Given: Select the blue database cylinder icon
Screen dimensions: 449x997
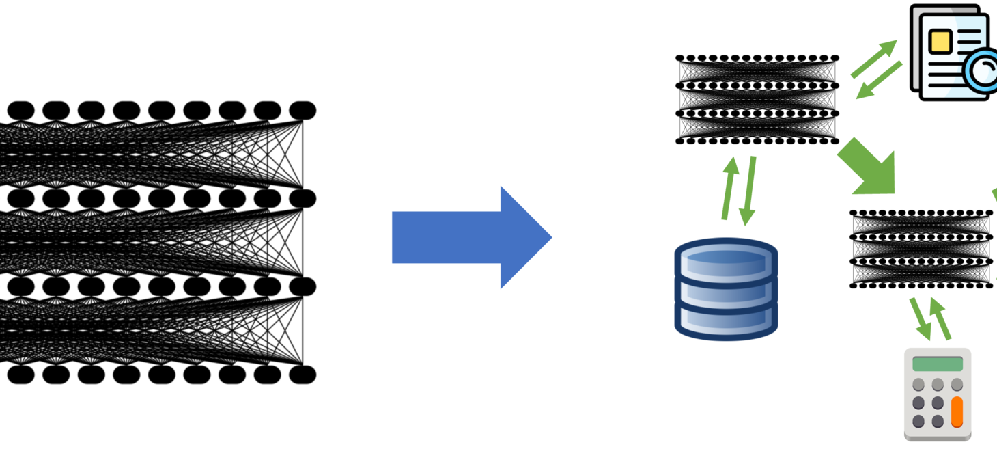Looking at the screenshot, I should tap(726, 288).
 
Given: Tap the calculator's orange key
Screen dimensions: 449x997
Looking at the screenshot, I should tap(957, 412).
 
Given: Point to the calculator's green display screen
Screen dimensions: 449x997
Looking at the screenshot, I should tap(937, 364).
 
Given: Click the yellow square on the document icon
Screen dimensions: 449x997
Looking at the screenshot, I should tap(940, 42).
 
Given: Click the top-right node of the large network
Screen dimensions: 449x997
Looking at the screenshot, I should tap(303, 110).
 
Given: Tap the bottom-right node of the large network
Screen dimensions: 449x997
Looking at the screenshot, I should tap(303, 375).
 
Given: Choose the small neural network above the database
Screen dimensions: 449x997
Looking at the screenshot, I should tap(757, 100).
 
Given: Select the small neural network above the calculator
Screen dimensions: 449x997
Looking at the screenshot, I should tap(921, 249).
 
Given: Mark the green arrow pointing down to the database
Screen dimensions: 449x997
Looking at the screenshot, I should tap(750, 191).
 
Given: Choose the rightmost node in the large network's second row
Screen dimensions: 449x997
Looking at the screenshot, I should tap(303, 198).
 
